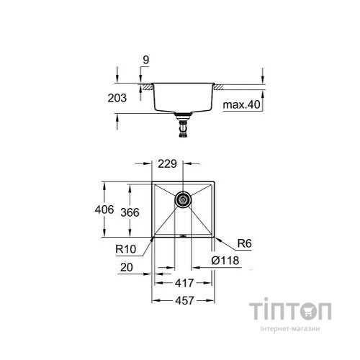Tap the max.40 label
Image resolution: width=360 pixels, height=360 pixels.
tap(242, 105)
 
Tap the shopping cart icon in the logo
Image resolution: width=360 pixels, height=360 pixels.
tap(308, 312)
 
